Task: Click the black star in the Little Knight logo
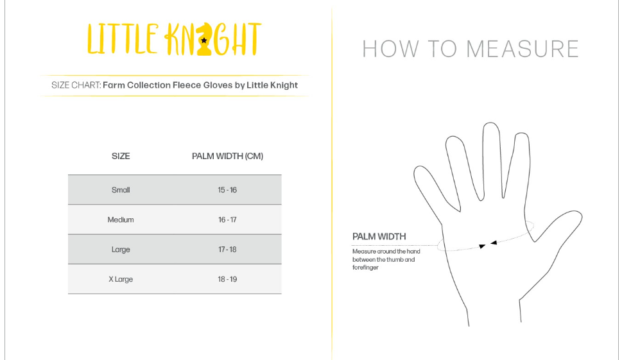coord(204,40)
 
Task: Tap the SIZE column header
coord(121,156)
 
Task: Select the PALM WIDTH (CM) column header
coord(227,156)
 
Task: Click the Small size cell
coord(121,190)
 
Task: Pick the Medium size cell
coord(121,219)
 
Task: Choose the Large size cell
coord(121,250)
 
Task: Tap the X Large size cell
coord(121,279)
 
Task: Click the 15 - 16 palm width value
coord(227,190)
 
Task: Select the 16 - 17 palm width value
coord(227,219)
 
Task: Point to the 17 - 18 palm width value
coord(227,250)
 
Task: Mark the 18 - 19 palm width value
coord(227,279)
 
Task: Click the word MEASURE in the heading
coord(523,49)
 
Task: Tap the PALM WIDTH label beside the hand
coord(379,237)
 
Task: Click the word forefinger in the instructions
coord(365,268)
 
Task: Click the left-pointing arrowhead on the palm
coord(494,243)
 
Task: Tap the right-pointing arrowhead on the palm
coord(482,246)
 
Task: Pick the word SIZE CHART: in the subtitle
coord(76,85)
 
